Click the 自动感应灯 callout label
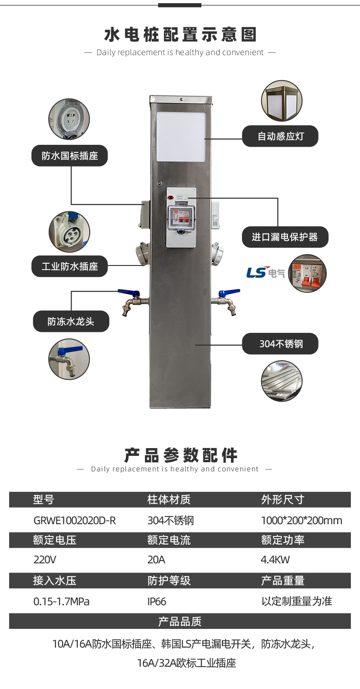[x=280, y=136]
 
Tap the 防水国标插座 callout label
[x=70, y=156]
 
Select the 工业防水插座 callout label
[x=70, y=266]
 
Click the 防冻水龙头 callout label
[x=71, y=322]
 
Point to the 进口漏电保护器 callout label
[x=285, y=237]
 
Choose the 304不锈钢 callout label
[x=280, y=344]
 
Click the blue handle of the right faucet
[x=231, y=292]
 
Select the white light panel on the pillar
[x=181, y=137]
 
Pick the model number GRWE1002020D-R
[x=75, y=521]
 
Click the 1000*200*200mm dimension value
[x=301, y=521]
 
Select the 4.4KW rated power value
[x=275, y=560]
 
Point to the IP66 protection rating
[x=157, y=602]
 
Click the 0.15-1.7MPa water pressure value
[x=62, y=602]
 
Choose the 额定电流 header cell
[x=169, y=540]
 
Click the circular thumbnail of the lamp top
[x=282, y=101]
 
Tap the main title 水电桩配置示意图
[x=180, y=35]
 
